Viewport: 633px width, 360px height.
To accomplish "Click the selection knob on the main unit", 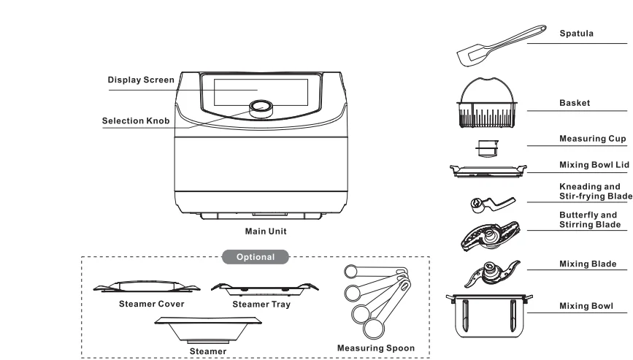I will (x=261, y=108).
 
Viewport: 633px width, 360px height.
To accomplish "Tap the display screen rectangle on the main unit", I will (x=261, y=89).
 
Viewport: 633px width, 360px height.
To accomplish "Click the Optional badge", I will (x=255, y=257).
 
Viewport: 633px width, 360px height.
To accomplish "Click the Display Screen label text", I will (x=141, y=80).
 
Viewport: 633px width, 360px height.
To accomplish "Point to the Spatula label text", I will (x=575, y=34).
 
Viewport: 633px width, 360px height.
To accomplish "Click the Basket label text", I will (x=575, y=104).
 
